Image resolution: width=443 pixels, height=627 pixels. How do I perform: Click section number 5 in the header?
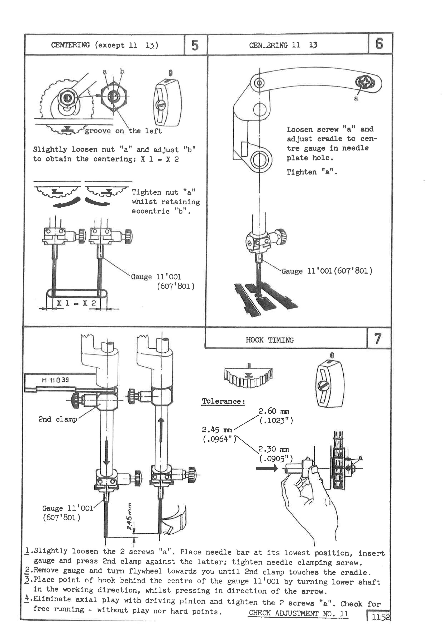[195, 45]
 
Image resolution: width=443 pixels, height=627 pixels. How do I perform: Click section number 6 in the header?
[379, 44]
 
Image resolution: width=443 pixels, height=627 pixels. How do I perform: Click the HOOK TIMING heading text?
[270, 340]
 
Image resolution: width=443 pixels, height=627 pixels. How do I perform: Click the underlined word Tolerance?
[223, 401]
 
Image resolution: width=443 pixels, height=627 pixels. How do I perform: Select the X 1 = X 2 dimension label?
[76, 303]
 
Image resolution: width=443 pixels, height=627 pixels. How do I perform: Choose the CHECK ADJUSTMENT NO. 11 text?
[298, 613]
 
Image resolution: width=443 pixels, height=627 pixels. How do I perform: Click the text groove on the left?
[123, 131]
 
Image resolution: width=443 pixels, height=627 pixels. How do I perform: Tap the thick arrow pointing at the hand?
[267, 469]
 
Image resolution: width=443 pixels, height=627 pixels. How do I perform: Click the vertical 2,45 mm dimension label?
[130, 516]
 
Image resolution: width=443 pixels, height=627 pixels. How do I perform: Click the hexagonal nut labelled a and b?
[114, 96]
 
